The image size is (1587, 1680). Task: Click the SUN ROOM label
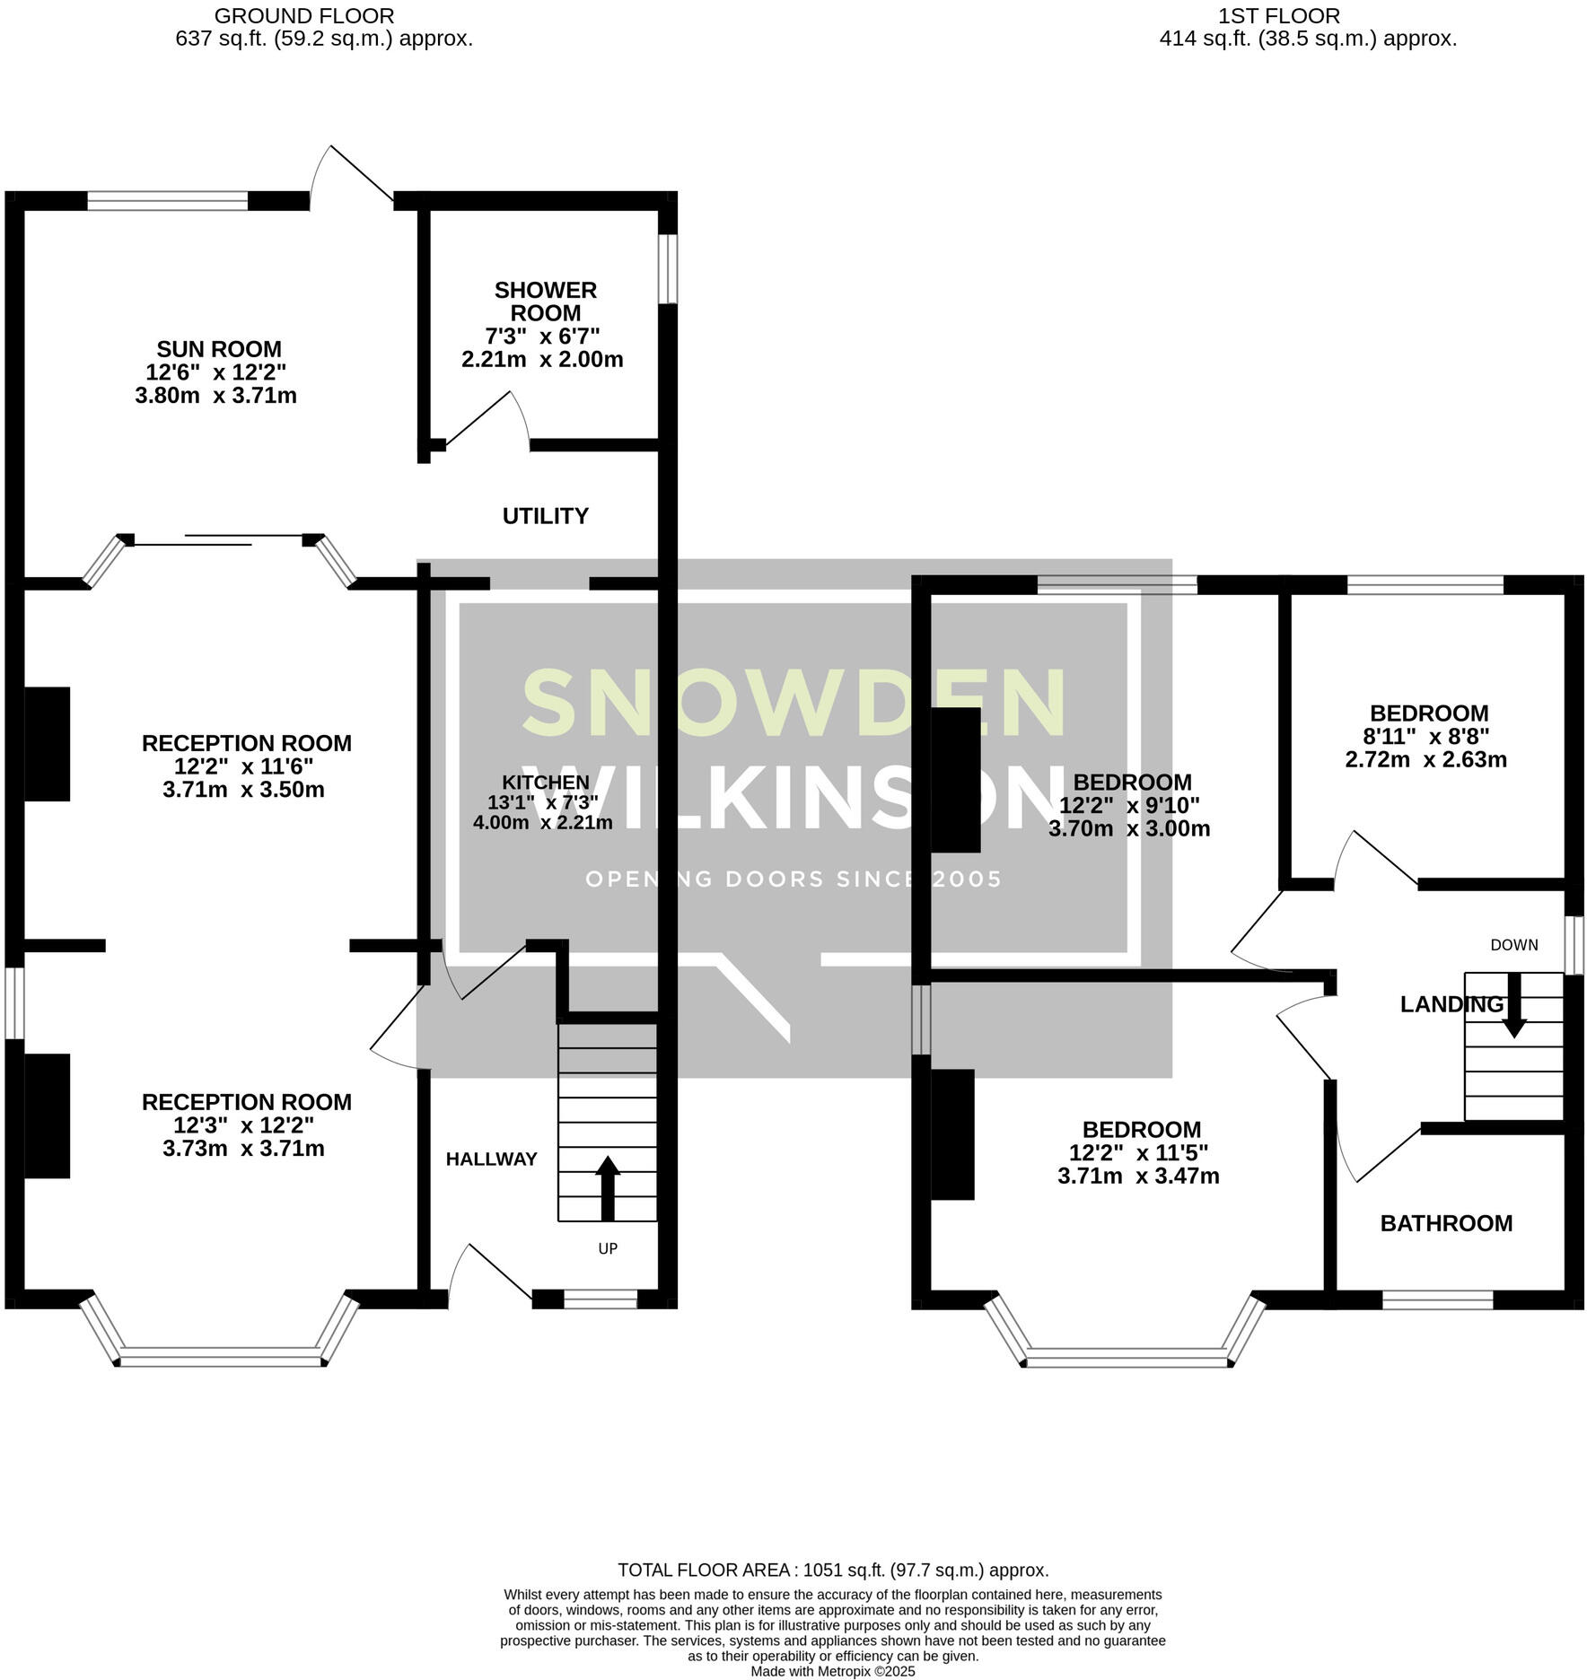(x=218, y=349)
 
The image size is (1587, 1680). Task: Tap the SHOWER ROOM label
(x=545, y=302)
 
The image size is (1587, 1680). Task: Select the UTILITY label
(x=545, y=516)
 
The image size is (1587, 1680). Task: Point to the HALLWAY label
(x=491, y=1159)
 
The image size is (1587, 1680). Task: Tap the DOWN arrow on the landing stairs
(x=1514, y=1005)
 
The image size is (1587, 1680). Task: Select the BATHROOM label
(x=1445, y=1223)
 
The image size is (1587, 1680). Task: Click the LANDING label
(x=1451, y=1004)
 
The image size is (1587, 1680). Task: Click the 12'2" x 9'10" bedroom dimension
(x=1128, y=805)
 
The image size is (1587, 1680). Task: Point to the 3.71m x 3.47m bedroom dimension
(x=1137, y=1176)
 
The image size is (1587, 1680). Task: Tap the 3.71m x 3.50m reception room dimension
(x=243, y=790)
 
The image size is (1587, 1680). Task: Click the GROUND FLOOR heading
(x=304, y=15)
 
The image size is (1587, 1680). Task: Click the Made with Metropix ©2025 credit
(x=832, y=1672)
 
